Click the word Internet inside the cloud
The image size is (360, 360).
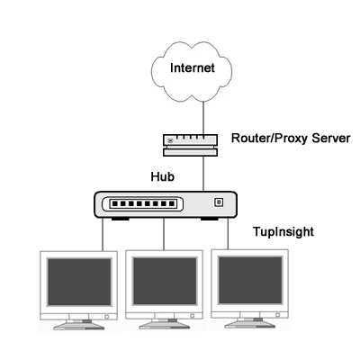click(x=193, y=67)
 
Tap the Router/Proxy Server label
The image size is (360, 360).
click(x=291, y=139)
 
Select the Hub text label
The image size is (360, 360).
click(x=162, y=176)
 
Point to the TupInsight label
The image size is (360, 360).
click(x=283, y=232)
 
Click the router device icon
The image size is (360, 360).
click(x=190, y=145)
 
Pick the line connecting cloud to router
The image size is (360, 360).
click(x=203, y=118)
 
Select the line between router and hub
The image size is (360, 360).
click(x=203, y=174)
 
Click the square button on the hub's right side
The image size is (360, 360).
click(x=219, y=202)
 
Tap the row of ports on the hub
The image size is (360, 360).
click(x=142, y=204)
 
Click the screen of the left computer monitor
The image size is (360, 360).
click(x=79, y=282)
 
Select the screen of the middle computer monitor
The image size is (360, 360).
click(x=165, y=281)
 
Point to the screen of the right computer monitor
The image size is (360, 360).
click(x=250, y=280)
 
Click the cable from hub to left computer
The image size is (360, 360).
click(x=103, y=234)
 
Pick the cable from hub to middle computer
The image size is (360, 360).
click(x=164, y=234)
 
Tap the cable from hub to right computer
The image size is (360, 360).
click(x=228, y=233)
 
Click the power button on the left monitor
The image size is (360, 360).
click(x=106, y=317)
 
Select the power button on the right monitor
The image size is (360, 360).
click(x=277, y=315)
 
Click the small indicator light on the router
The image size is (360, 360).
click(x=170, y=140)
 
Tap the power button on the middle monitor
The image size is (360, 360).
click(x=192, y=316)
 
